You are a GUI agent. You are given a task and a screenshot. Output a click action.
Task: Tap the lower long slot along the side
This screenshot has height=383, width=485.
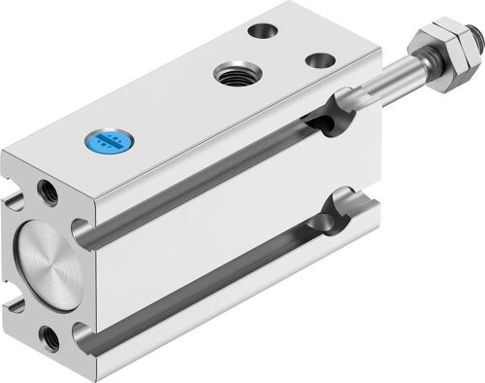tap(213, 292)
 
